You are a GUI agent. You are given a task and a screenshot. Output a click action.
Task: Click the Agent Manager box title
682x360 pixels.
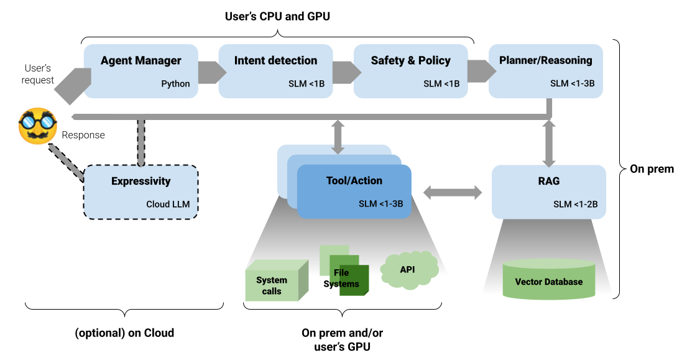click(141, 60)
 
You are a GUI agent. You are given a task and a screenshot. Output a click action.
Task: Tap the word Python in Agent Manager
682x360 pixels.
click(175, 84)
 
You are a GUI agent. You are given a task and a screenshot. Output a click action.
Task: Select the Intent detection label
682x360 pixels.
click(275, 60)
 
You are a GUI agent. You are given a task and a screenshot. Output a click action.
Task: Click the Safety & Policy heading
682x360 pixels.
click(410, 60)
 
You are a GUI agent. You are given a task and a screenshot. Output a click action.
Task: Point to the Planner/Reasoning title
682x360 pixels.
click(545, 60)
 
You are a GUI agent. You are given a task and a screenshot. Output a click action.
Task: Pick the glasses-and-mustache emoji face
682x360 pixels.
click(37, 126)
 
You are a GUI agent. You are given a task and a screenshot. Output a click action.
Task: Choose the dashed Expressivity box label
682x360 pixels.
click(141, 182)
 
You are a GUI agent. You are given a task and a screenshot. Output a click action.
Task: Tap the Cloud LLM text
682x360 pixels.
click(168, 204)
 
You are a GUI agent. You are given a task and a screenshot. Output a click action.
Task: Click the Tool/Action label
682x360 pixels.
click(354, 181)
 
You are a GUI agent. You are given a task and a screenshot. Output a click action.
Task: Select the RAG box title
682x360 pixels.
click(549, 181)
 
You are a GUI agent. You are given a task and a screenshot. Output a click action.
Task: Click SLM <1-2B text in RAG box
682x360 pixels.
click(575, 204)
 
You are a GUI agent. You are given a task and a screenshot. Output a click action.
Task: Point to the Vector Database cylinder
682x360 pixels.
click(548, 280)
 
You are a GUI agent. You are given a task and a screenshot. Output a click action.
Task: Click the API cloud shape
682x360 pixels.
click(408, 270)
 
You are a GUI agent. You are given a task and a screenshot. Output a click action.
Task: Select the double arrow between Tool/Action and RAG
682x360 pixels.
click(452, 193)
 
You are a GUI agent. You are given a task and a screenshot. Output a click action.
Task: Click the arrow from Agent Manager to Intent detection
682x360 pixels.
click(210, 72)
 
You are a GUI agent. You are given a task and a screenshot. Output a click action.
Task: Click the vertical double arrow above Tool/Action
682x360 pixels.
click(338, 136)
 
